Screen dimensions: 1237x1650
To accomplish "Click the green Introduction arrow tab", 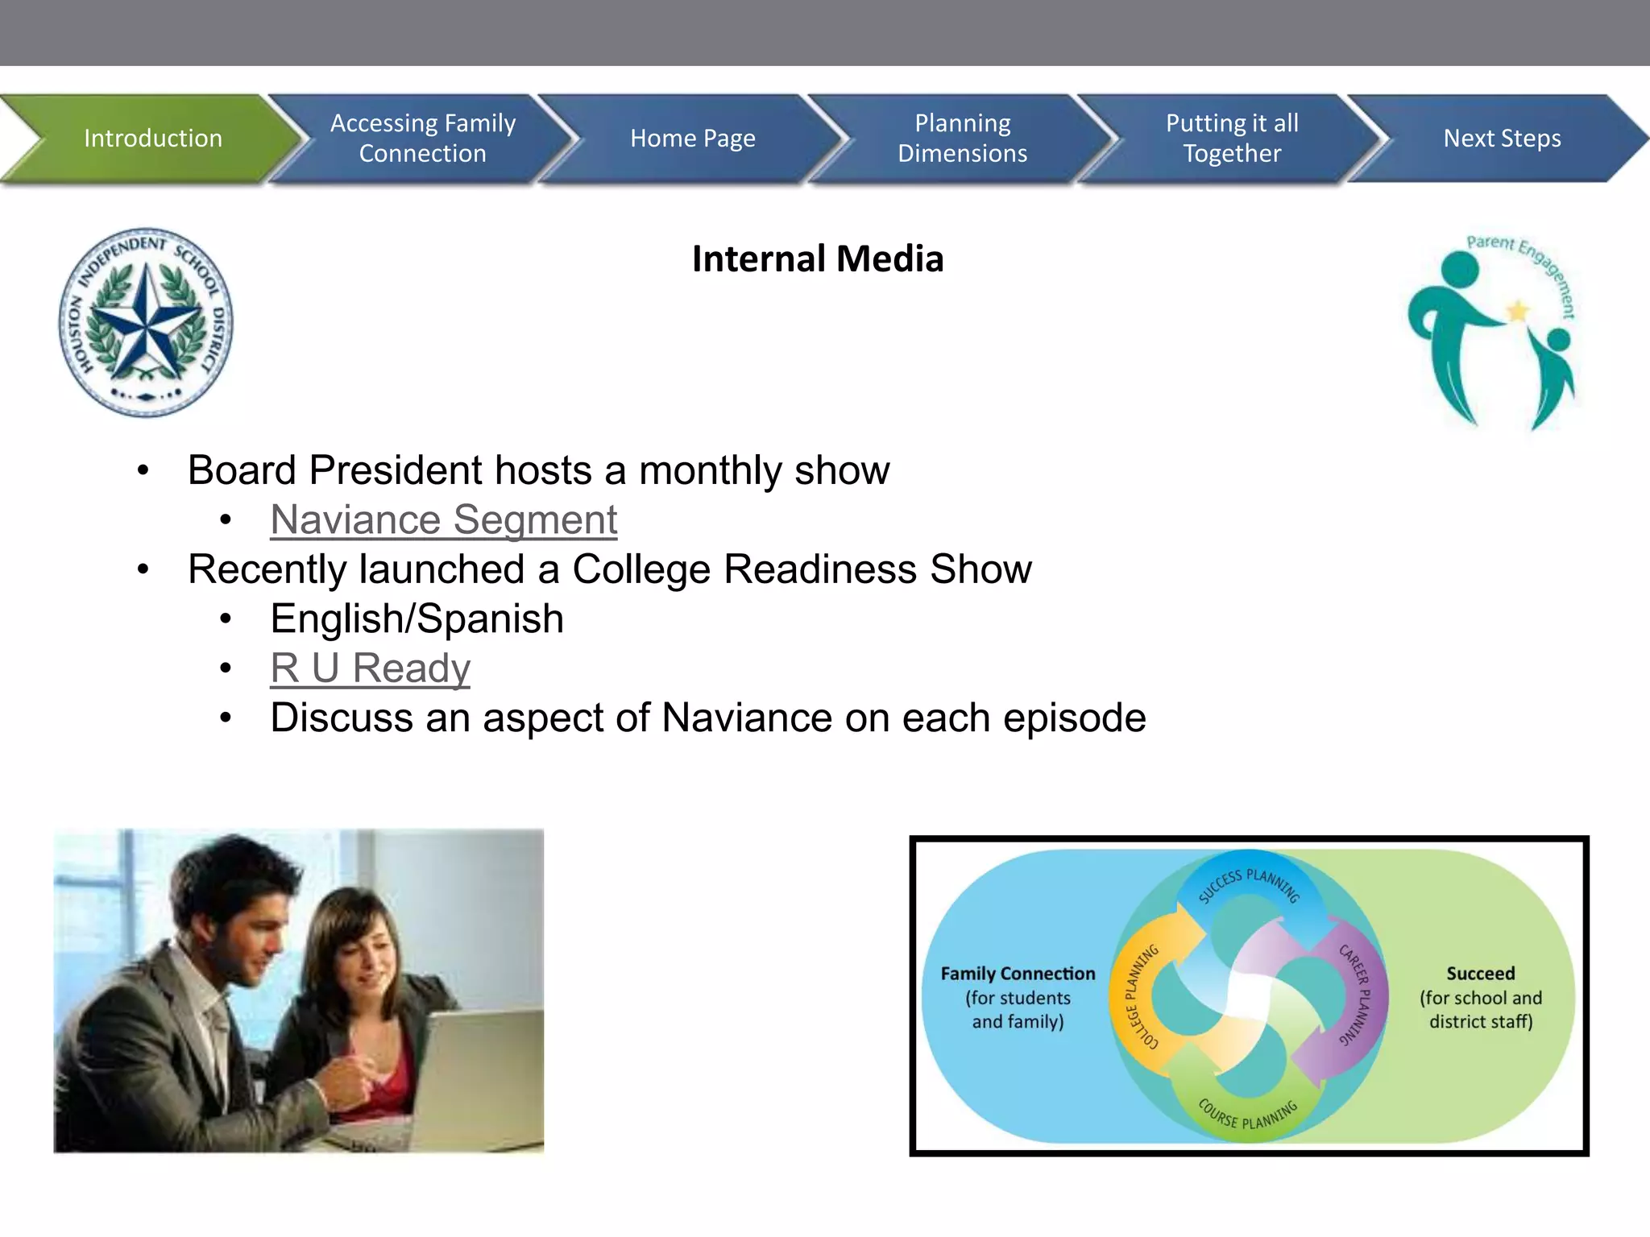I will [x=152, y=139].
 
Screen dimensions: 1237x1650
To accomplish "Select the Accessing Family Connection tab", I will [x=422, y=139].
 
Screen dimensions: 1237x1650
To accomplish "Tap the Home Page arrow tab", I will [x=692, y=139].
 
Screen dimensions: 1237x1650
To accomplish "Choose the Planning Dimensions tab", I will [x=962, y=139].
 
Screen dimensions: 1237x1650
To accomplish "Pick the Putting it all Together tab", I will [x=1232, y=139].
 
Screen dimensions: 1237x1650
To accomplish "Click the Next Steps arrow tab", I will [x=1502, y=139].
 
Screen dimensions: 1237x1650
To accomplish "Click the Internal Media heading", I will [x=817, y=259].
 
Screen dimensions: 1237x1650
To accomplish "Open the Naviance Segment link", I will [x=444, y=519].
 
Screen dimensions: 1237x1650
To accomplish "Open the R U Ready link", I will [x=370, y=668].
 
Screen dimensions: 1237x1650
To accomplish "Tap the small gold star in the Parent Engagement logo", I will [x=1518, y=310].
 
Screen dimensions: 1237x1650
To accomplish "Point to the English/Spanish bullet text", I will [x=417, y=618].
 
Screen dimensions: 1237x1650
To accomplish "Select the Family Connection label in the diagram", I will [x=1018, y=974].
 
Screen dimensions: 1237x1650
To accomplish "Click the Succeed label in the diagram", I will [x=1480, y=974].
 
